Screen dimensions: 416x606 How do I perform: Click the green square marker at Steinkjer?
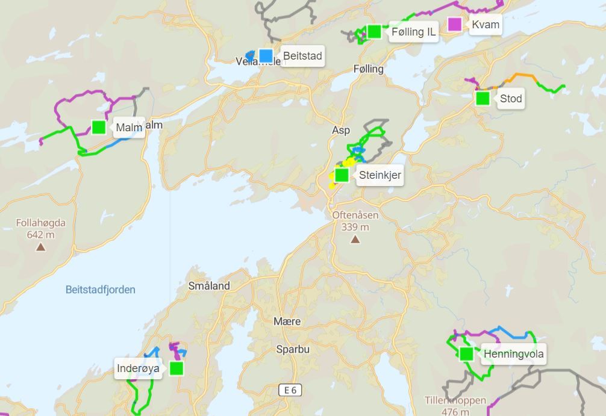coord(342,175)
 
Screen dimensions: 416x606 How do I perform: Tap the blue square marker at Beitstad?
coord(266,56)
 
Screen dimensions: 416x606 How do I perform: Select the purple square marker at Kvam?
coord(455,25)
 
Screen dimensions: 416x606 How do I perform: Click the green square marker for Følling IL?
coord(374,31)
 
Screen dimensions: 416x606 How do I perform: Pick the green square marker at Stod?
coord(483,98)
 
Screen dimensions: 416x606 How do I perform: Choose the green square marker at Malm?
coord(99,127)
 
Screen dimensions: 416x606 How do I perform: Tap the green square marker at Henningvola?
coord(466,353)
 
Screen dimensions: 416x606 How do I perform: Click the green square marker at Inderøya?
coord(176,368)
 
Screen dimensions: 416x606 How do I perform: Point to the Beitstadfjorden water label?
coord(101,290)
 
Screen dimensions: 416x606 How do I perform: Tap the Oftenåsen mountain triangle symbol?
coord(355,240)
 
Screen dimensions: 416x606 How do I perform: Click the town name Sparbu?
coord(293,349)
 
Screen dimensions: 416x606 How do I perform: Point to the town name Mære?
coord(287,321)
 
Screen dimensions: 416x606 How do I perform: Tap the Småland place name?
coord(209,286)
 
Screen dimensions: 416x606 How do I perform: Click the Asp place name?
coord(341,130)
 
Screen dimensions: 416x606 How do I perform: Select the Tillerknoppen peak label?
coord(455,401)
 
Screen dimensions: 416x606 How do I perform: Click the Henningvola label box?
coord(513,354)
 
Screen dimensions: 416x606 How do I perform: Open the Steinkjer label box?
coord(380,176)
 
